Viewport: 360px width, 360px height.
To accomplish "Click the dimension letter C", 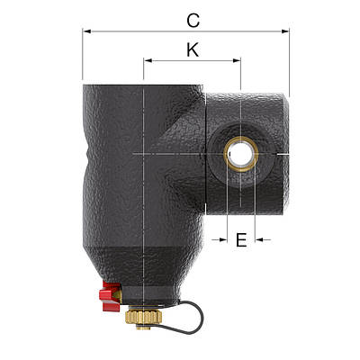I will point(192,18).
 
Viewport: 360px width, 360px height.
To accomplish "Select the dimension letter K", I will point(192,49).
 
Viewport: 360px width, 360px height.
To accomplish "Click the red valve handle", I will point(111,293).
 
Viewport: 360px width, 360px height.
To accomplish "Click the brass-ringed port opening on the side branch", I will point(240,154).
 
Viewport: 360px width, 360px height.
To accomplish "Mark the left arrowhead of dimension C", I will point(86,31).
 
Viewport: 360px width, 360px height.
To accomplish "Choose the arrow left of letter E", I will point(218,239).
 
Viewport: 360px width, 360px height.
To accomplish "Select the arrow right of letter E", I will point(261,239).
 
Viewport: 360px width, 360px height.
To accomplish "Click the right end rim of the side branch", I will point(285,153).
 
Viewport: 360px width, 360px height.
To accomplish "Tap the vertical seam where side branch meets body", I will point(205,153).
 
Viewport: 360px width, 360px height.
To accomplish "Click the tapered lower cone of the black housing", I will point(143,261).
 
